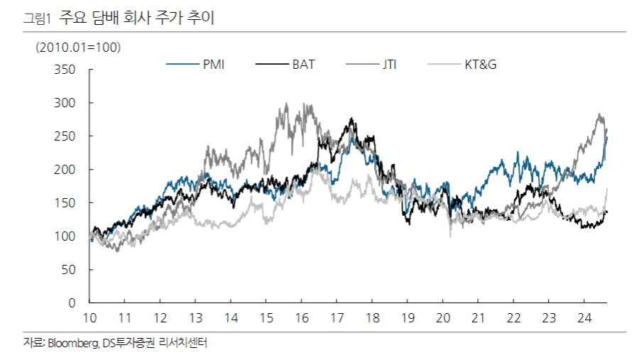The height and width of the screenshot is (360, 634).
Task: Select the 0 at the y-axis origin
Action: (x=72, y=303)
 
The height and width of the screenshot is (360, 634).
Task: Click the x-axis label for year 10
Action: (x=90, y=317)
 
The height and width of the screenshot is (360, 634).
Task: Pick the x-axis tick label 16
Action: (x=302, y=317)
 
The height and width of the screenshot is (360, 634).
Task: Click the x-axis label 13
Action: (x=196, y=317)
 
